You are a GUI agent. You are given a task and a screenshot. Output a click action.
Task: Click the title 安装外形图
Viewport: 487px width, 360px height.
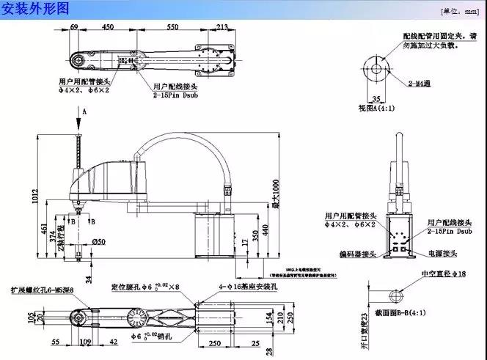pos(35,9)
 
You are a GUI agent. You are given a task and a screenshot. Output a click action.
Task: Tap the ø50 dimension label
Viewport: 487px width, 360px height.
pos(100,242)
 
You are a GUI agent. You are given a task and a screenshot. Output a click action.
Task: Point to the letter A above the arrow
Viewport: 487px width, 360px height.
pos(84,111)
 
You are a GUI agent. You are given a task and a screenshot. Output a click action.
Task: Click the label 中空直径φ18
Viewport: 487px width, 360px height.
pos(444,273)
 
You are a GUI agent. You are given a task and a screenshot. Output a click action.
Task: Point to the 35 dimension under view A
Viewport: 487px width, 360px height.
pos(376,97)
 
